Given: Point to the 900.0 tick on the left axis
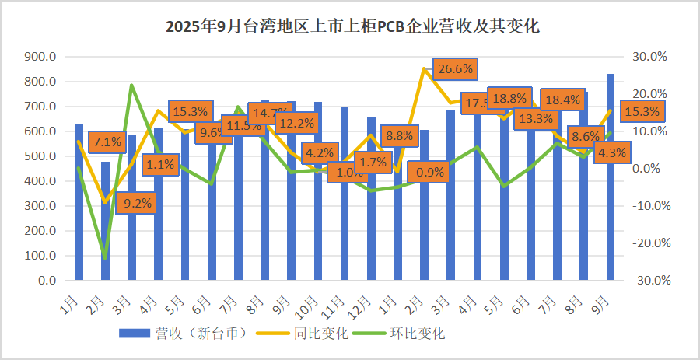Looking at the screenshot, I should pos(40,57).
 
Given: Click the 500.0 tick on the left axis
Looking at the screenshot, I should pos(40,156).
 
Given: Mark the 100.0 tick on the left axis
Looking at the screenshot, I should pos(40,256).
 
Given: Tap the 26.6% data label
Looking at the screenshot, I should pos(455,69).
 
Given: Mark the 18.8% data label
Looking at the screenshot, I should pos(509,98).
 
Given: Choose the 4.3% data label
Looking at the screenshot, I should pos(611,153).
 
